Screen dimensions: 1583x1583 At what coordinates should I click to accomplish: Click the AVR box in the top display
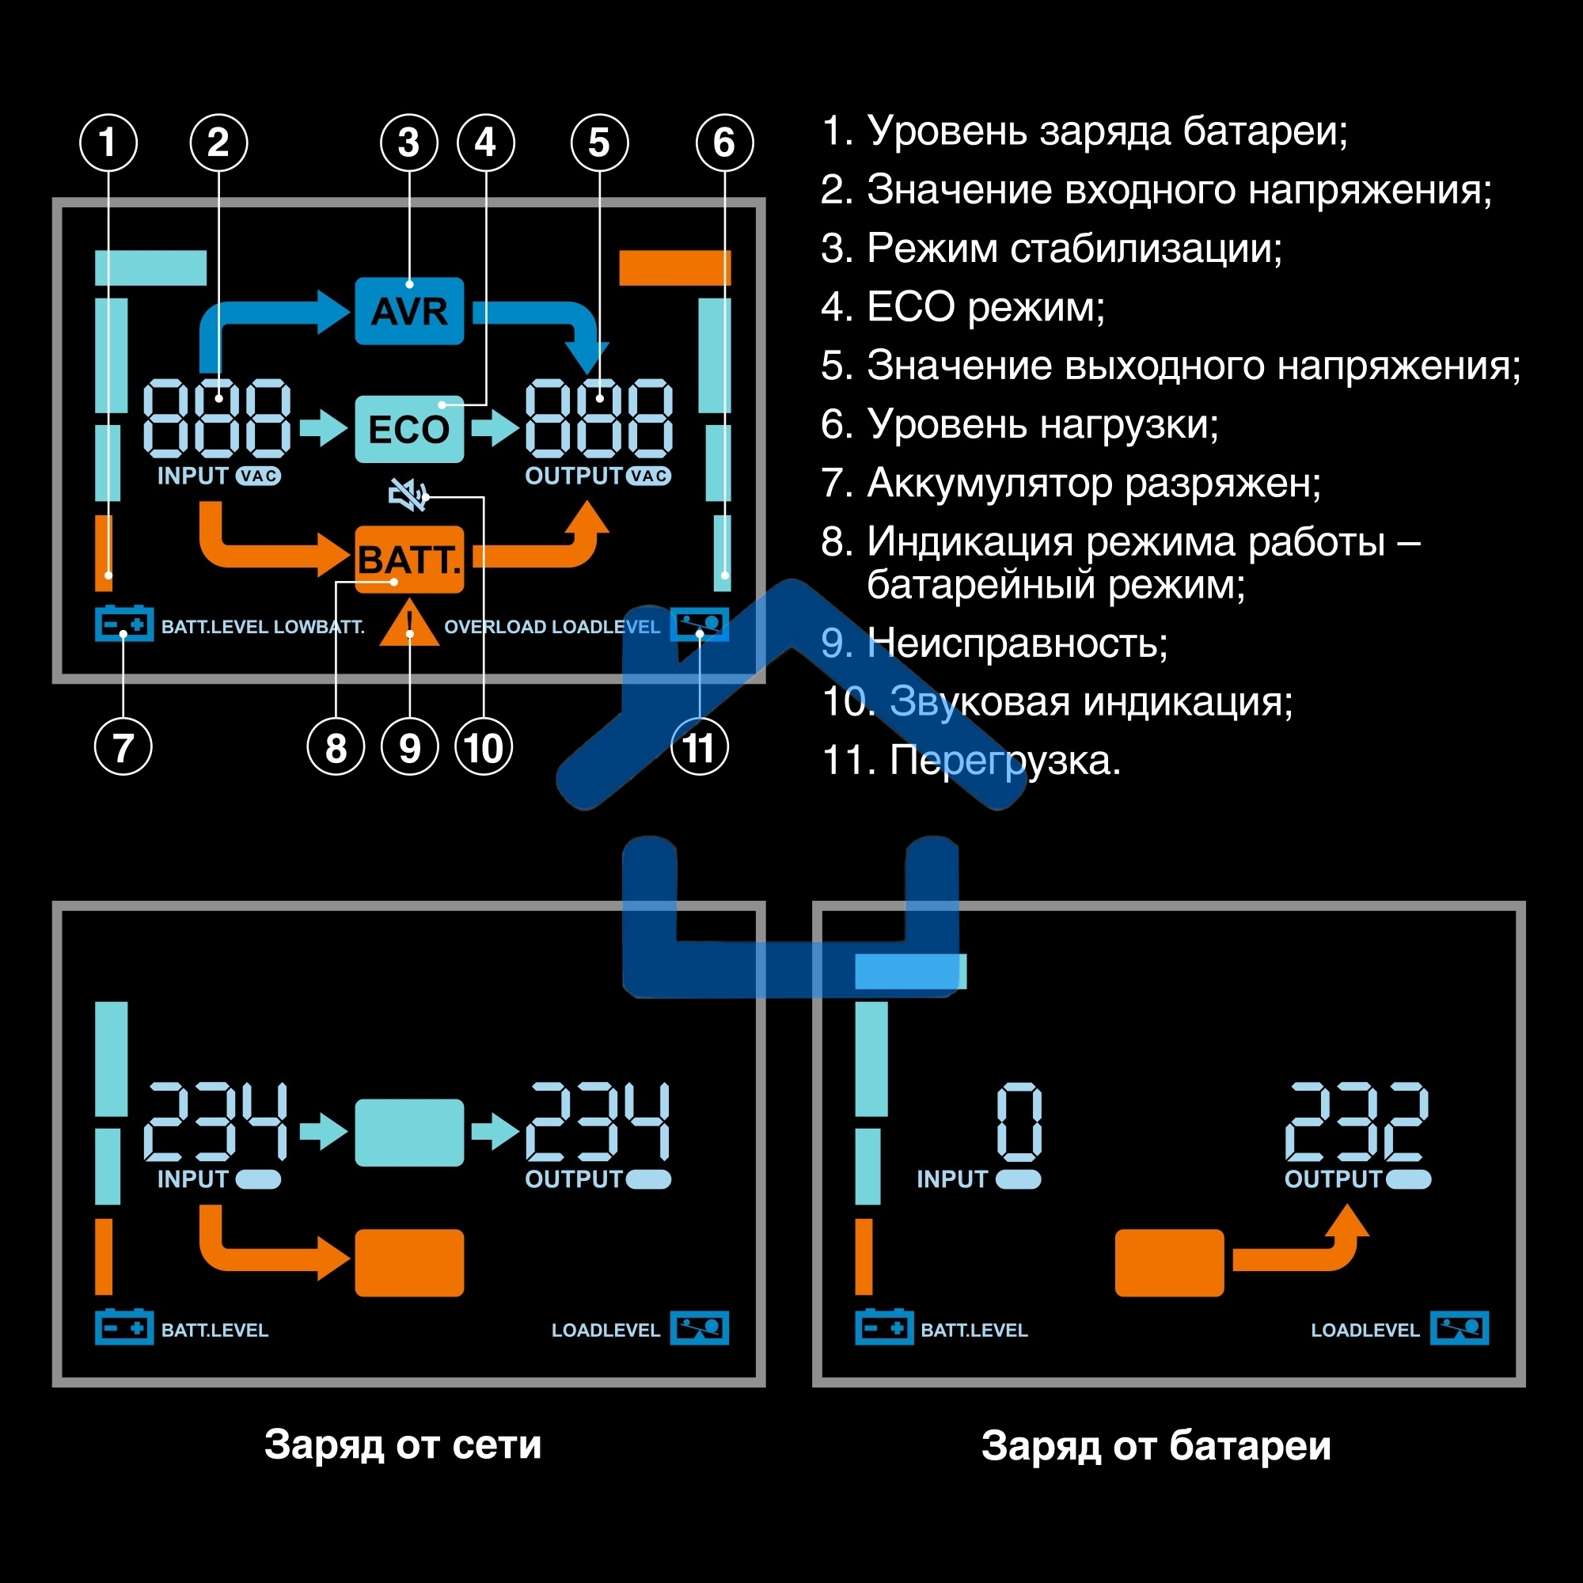pyautogui.click(x=409, y=310)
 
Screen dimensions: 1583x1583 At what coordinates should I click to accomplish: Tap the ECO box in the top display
pyautogui.click(x=409, y=428)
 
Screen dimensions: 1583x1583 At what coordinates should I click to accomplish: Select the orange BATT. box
pyautogui.click(x=409, y=560)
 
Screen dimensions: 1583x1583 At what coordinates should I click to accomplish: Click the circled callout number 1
pyautogui.click(x=108, y=142)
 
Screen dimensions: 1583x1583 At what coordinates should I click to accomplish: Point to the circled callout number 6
pyautogui.click(x=724, y=142)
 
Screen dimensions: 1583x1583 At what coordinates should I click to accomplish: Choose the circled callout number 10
pyautogui.click(x=484, y=747)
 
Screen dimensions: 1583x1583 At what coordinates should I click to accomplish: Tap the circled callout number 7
pyautogui.click(x=123, y=747)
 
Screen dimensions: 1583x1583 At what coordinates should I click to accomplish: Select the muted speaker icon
pyautogui.click(x=407, y=495)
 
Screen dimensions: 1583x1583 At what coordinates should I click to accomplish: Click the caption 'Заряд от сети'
pyautogui.click(x=402, y=1444)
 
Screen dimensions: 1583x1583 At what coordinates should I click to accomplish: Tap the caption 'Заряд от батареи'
pyautogui.click(x=1156, y=1444)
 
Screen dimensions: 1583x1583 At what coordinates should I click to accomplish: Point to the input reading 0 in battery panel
pyautogui.click(x=1019, y=1122)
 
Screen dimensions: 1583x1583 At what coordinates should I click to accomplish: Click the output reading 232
pyautogui.click(x=1356, y=1122)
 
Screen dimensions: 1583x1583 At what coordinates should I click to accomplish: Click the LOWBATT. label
pyautogui.click(x=319, y=627)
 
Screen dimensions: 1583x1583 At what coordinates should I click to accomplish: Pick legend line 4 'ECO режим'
pyautogui.click(x=962, y=307)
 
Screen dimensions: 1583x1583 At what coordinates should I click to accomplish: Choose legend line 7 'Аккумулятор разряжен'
pyautogui.click(x=1070, y=483)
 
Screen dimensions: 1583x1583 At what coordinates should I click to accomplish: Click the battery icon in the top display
pyautogui.click(x=123, y=624)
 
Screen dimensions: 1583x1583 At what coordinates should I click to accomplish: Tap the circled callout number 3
pyautogui.click(x=409, y=142)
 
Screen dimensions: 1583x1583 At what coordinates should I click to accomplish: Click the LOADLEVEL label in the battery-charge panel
pyautogui.click(x=1365, y=1330)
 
